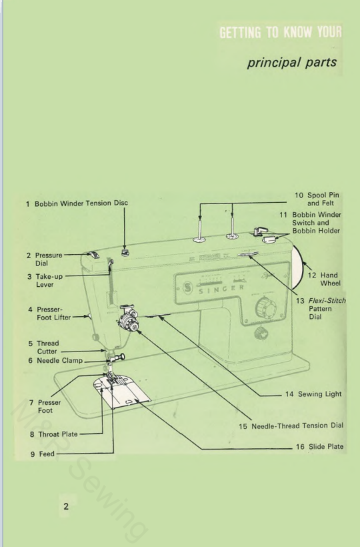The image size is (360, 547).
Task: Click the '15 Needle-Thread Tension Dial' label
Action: tap(291, 426)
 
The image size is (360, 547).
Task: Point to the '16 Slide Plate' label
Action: tap(319, 446)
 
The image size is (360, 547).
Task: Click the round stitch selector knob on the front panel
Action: tap(263, 308)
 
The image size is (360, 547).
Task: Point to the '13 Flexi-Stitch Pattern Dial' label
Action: tap(320, 310)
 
